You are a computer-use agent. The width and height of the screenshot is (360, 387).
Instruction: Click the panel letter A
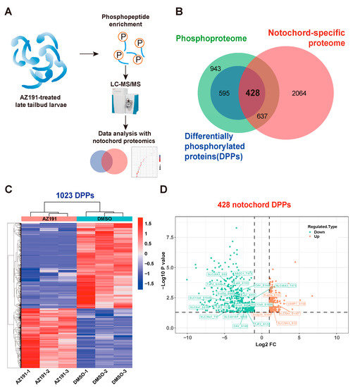point(9,9)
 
